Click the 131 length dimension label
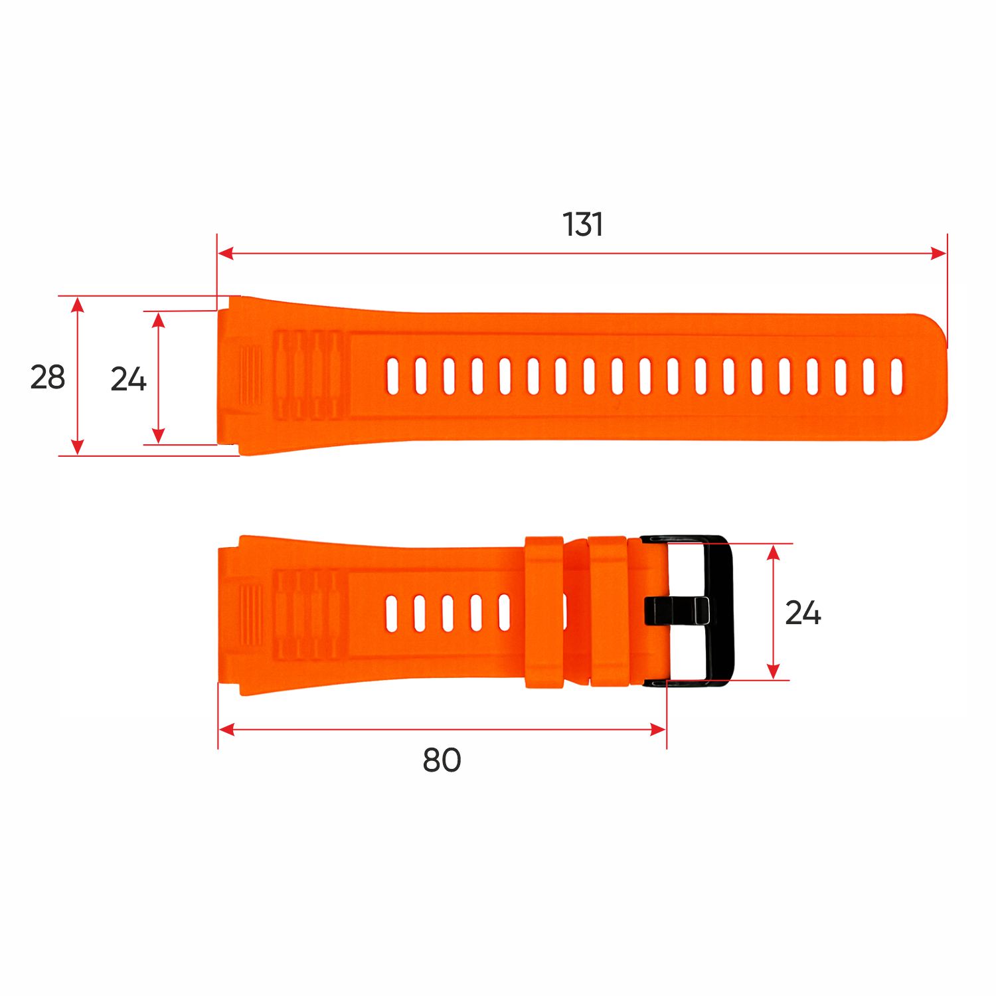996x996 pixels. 583,224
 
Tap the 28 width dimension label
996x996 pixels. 48,377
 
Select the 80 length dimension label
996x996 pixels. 442,760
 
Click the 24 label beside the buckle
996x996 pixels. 803,613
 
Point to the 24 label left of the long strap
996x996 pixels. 128,379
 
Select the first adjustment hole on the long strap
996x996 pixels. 392,376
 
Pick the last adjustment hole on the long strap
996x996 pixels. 896,376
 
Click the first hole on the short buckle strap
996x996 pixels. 392,613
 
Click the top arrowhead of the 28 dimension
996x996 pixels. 78,304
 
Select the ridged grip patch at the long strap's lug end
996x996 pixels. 250,376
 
